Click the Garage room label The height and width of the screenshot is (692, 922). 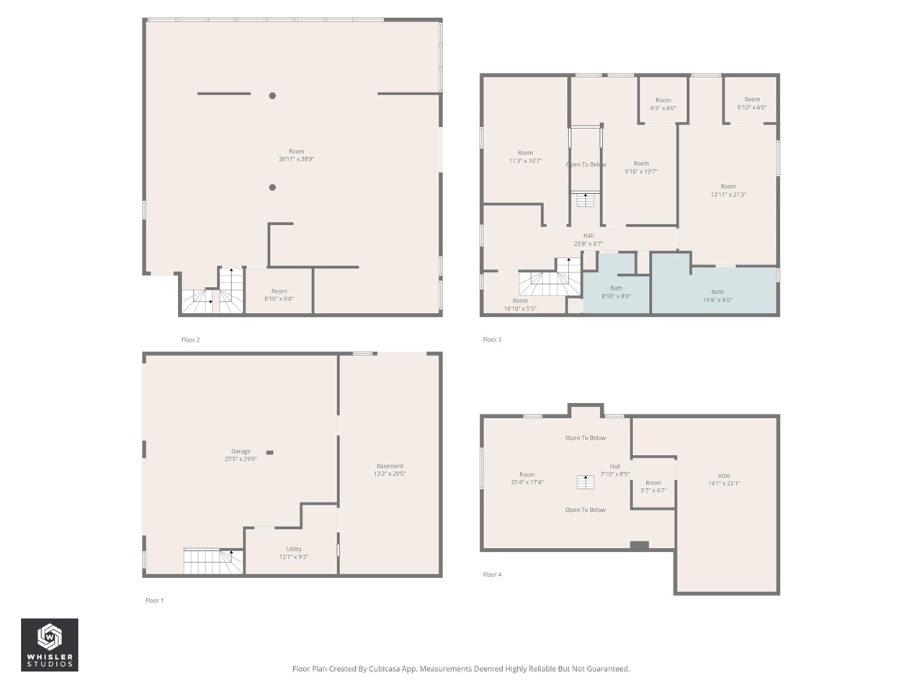[x=241, y=455]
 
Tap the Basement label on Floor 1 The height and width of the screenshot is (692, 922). [x=390, y=470]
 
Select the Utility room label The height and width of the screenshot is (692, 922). [x=294, y=553]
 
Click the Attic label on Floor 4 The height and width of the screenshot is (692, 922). [x=724, y=479]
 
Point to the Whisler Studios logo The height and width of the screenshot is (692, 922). [x=50, y=644]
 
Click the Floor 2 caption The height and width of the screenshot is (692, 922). [x=190, y=340]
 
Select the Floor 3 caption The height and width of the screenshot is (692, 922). [x=492, y=340]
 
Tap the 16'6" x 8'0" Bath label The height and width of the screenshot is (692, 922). [x=717, y=296]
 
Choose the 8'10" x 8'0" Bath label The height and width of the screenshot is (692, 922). [x=616, y=292]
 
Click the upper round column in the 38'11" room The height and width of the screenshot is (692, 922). [x=272, y=95]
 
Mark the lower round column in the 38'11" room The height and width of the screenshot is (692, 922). [x=272, y=187]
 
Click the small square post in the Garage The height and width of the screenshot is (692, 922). [x=269, y=453]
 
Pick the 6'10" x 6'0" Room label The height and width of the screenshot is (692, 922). [x=752, y=103]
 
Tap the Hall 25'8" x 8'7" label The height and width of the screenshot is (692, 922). [x=588, y=239]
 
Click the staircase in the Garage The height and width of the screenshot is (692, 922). [x=212, y=561]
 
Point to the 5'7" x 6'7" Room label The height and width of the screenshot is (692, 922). [x=653, y=487]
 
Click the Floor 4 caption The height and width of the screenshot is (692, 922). [x=492, y=575]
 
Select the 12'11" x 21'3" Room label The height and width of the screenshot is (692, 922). [x=728, y=190]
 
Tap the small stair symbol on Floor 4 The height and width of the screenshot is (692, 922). [x=585, y=482]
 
